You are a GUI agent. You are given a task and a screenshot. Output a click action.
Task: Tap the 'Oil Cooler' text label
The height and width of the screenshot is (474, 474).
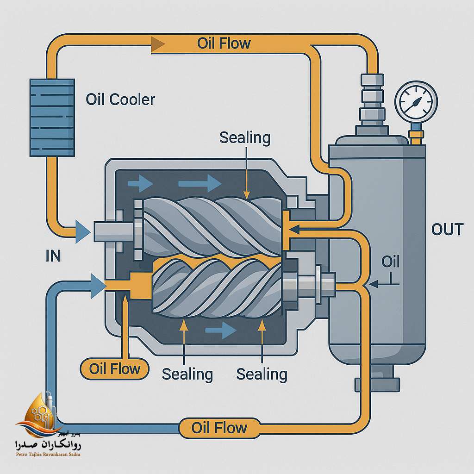point(120,99)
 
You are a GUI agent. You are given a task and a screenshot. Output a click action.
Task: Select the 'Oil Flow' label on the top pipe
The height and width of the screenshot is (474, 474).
point(224,44)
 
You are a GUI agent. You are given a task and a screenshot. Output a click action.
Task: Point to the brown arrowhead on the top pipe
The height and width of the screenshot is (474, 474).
point(158,44)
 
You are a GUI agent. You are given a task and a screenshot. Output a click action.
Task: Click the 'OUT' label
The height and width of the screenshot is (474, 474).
point(447,229)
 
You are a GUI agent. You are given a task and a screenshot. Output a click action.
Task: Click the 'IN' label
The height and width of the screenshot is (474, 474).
point(53,256)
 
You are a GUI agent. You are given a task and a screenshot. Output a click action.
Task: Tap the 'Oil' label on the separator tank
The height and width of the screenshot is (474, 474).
point(390,262)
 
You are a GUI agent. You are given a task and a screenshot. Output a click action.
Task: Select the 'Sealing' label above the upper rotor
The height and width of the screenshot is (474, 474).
point(245,137)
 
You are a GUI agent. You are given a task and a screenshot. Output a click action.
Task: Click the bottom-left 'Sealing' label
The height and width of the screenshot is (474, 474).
point(187,374)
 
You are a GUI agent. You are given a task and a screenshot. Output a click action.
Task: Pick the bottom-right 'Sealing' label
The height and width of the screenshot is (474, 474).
point(262,374)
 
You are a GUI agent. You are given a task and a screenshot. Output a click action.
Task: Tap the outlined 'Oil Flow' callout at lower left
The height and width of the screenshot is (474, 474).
point(115,369)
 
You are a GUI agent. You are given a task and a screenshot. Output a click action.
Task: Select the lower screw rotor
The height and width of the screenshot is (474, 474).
point(218,287)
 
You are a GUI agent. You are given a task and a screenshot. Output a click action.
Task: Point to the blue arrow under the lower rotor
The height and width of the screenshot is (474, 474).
point(220,331)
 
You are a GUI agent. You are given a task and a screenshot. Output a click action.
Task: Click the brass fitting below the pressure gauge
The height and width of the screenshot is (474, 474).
point(416,137)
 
